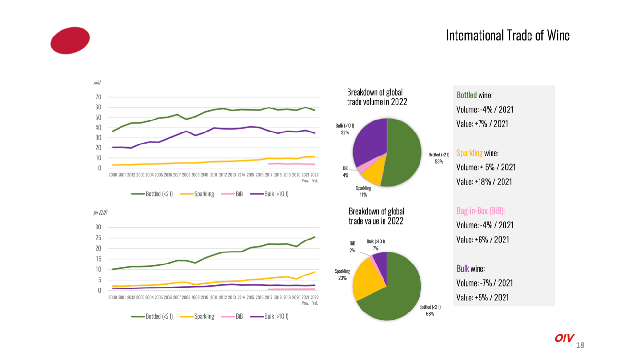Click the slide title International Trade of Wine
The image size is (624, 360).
508,36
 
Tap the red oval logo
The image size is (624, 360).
70,40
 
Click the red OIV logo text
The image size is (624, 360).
564,338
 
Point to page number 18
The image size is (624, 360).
580,345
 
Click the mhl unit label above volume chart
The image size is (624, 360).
97,83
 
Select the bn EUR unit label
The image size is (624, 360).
100,212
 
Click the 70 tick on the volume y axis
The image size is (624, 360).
98,97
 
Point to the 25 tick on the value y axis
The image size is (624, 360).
98,238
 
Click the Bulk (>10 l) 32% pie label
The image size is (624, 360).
345,129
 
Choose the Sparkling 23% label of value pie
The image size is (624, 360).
342,275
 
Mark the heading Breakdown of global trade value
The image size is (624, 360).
376,216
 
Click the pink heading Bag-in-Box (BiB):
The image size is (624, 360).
481,211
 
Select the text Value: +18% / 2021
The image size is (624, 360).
484,181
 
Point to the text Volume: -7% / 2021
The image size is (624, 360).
485,283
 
